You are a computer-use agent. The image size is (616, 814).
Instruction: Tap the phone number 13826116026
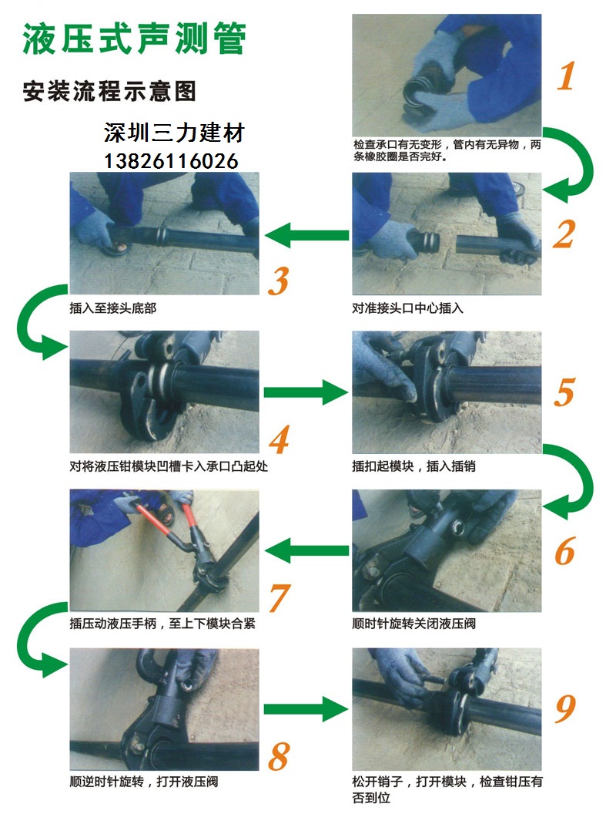click(x=171, y=161)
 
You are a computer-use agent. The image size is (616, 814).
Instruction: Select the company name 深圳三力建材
click(x=174, y=133)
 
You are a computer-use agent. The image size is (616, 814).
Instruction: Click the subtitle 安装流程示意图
click(x=109, y=92)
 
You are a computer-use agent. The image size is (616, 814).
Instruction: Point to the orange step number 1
click(x=566, y=76)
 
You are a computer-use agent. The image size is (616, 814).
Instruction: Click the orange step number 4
click(x=279, y=439)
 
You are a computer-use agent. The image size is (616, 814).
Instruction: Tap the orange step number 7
click(x=280, y=597)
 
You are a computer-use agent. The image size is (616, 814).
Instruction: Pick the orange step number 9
click(x=565, y=708)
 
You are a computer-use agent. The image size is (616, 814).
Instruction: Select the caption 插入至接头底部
click(x=113, y=308)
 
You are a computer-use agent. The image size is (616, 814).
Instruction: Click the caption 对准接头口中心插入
click(x=407, y=308)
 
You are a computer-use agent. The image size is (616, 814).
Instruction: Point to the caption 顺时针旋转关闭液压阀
click(x=413, y=623)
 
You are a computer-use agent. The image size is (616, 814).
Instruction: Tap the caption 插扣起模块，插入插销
click(x=413, y=466)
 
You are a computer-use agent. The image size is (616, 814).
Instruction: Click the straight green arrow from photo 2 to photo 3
click(x=306, y=235)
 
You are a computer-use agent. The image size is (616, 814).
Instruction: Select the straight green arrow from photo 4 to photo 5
click(x=306, y=392)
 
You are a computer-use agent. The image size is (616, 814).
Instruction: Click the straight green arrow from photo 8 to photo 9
click(x=306, y=708)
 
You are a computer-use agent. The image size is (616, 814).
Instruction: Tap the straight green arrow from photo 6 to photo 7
click(x=306, y=550)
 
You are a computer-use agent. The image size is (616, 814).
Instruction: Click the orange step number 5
click(x=564, y=392)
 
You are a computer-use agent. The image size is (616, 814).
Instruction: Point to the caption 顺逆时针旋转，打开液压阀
click(x=144, y=782)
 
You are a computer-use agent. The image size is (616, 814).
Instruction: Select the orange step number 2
click(x=564, y=234)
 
